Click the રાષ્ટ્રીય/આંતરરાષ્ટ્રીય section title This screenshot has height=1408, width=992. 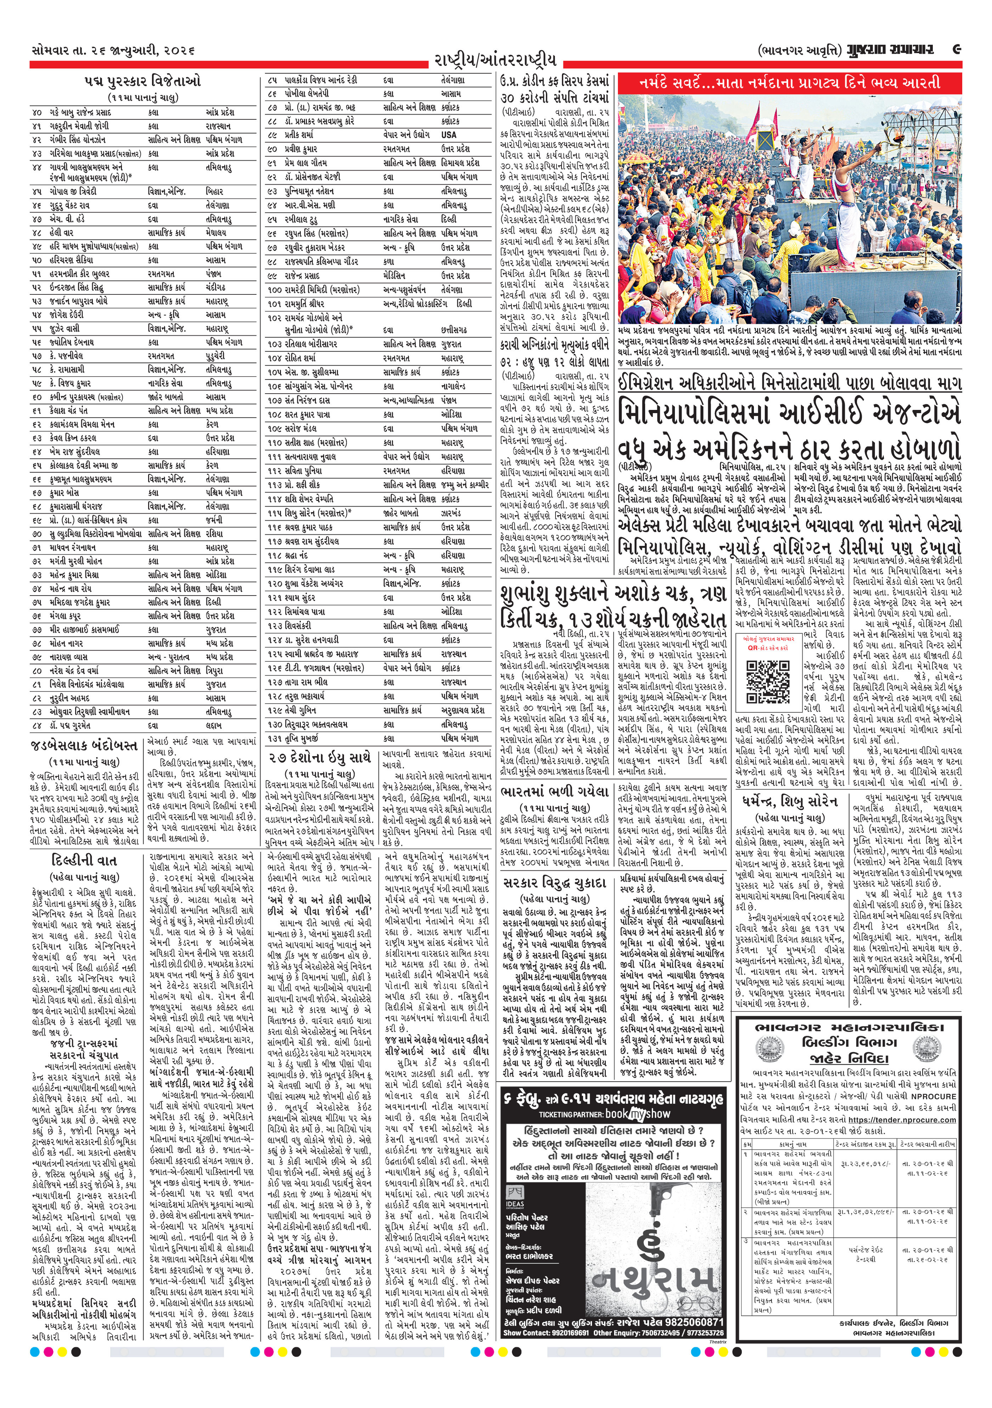[495, 61]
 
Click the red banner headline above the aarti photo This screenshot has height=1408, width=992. [790, 83]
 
